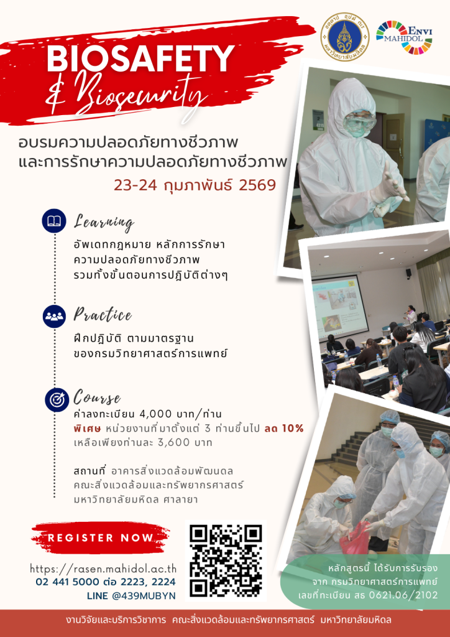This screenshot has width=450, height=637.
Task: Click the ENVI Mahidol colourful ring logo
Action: click(404, 37)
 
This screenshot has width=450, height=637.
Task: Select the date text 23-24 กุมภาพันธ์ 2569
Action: click(195, 185)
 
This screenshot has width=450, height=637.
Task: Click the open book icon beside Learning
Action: click(54, 221)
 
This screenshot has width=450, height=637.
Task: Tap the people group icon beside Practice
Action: click(54, 316)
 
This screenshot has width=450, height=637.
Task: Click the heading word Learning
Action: click(104, 223)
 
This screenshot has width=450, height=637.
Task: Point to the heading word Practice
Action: click(103, 315)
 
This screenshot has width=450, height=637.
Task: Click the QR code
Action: click(226, 560)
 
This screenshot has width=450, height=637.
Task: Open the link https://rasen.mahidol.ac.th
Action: click(103, 569)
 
